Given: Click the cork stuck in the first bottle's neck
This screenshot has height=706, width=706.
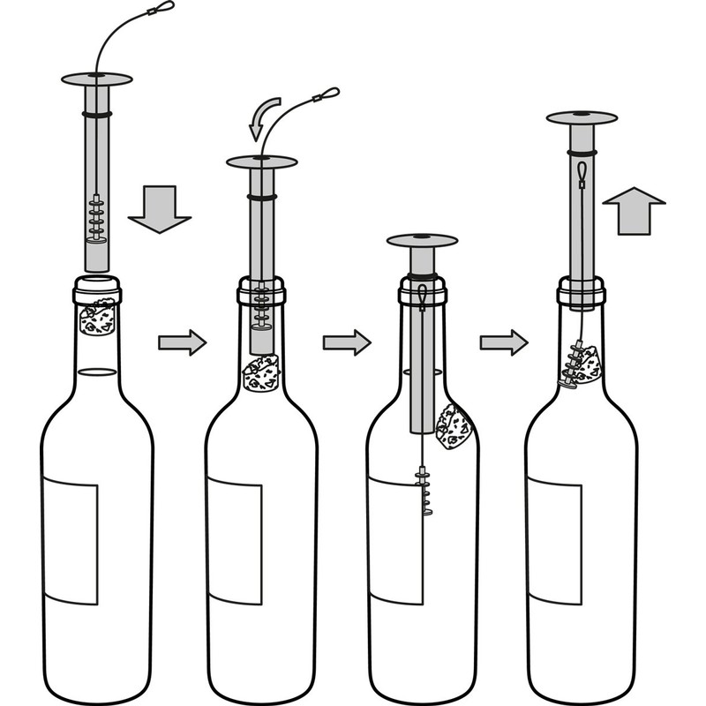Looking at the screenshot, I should click(98, 319).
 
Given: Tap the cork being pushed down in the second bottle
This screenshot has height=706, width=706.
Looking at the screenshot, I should click(260, 373).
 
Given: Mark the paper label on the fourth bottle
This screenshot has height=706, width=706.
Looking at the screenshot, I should click(554, 538).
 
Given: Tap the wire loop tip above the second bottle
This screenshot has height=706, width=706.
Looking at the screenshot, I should click(328, 91).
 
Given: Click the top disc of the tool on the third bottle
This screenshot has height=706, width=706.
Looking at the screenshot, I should click(423, 240).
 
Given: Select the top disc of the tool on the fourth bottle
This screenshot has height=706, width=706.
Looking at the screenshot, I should click(582, 116).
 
